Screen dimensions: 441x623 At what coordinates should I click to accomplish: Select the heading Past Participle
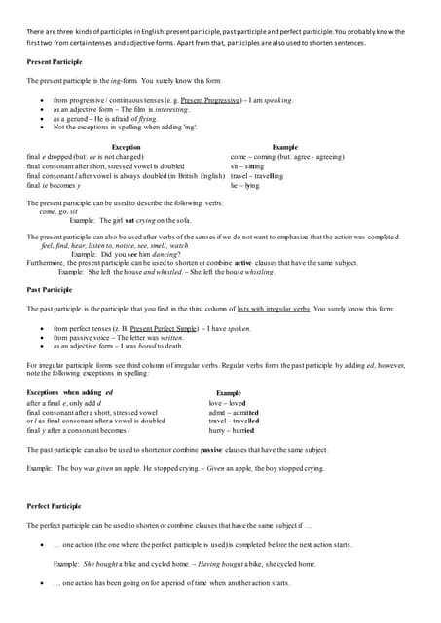(x=50, y=289)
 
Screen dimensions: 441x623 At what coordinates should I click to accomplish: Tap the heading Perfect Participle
(x=55, y=507)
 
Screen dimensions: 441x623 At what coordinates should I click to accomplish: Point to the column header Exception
(x=127, y=147)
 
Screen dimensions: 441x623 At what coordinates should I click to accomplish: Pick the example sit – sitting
(x=247, y=166)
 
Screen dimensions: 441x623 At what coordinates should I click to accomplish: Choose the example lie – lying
(x=245, y=185)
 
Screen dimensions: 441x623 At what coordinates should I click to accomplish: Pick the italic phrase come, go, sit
(x=60, y=211)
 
